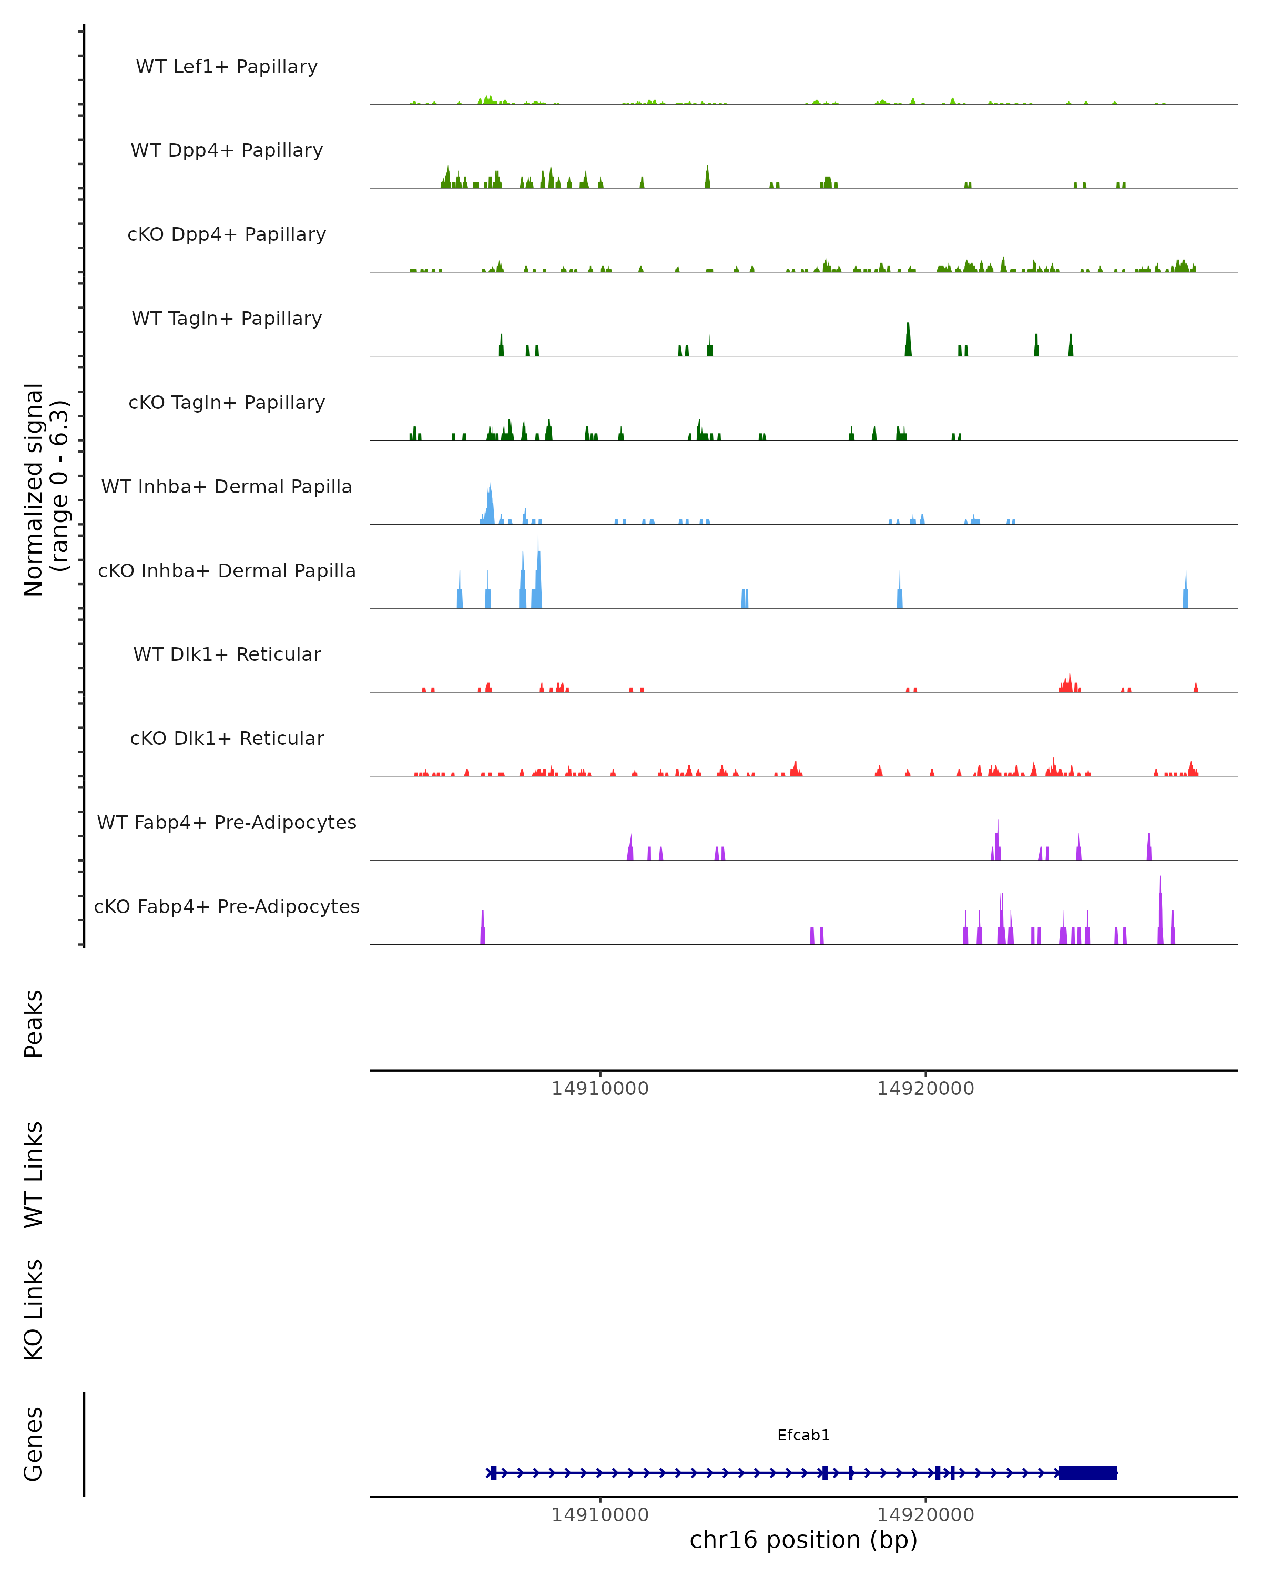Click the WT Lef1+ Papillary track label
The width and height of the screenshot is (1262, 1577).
coord(227,67)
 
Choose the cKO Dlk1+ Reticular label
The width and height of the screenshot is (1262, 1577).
coord(227,738)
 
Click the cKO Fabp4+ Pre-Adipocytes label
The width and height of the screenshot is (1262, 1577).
coord(227,906)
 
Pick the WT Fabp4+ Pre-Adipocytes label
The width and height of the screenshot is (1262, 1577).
coord(227,822)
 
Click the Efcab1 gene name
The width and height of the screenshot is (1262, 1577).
coord(803,1435)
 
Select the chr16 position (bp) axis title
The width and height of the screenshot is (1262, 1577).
coord(803,1540)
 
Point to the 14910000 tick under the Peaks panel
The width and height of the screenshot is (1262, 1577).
coord(600,1089)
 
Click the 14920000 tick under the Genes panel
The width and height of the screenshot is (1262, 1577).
coord(925,1515)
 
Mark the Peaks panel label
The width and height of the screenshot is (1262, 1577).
coord(34,1023)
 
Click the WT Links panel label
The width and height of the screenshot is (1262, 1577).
coord(34,1174)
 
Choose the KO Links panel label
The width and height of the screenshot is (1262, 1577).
coord(34,1309)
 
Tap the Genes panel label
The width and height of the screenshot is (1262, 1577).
coord(34,1444)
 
